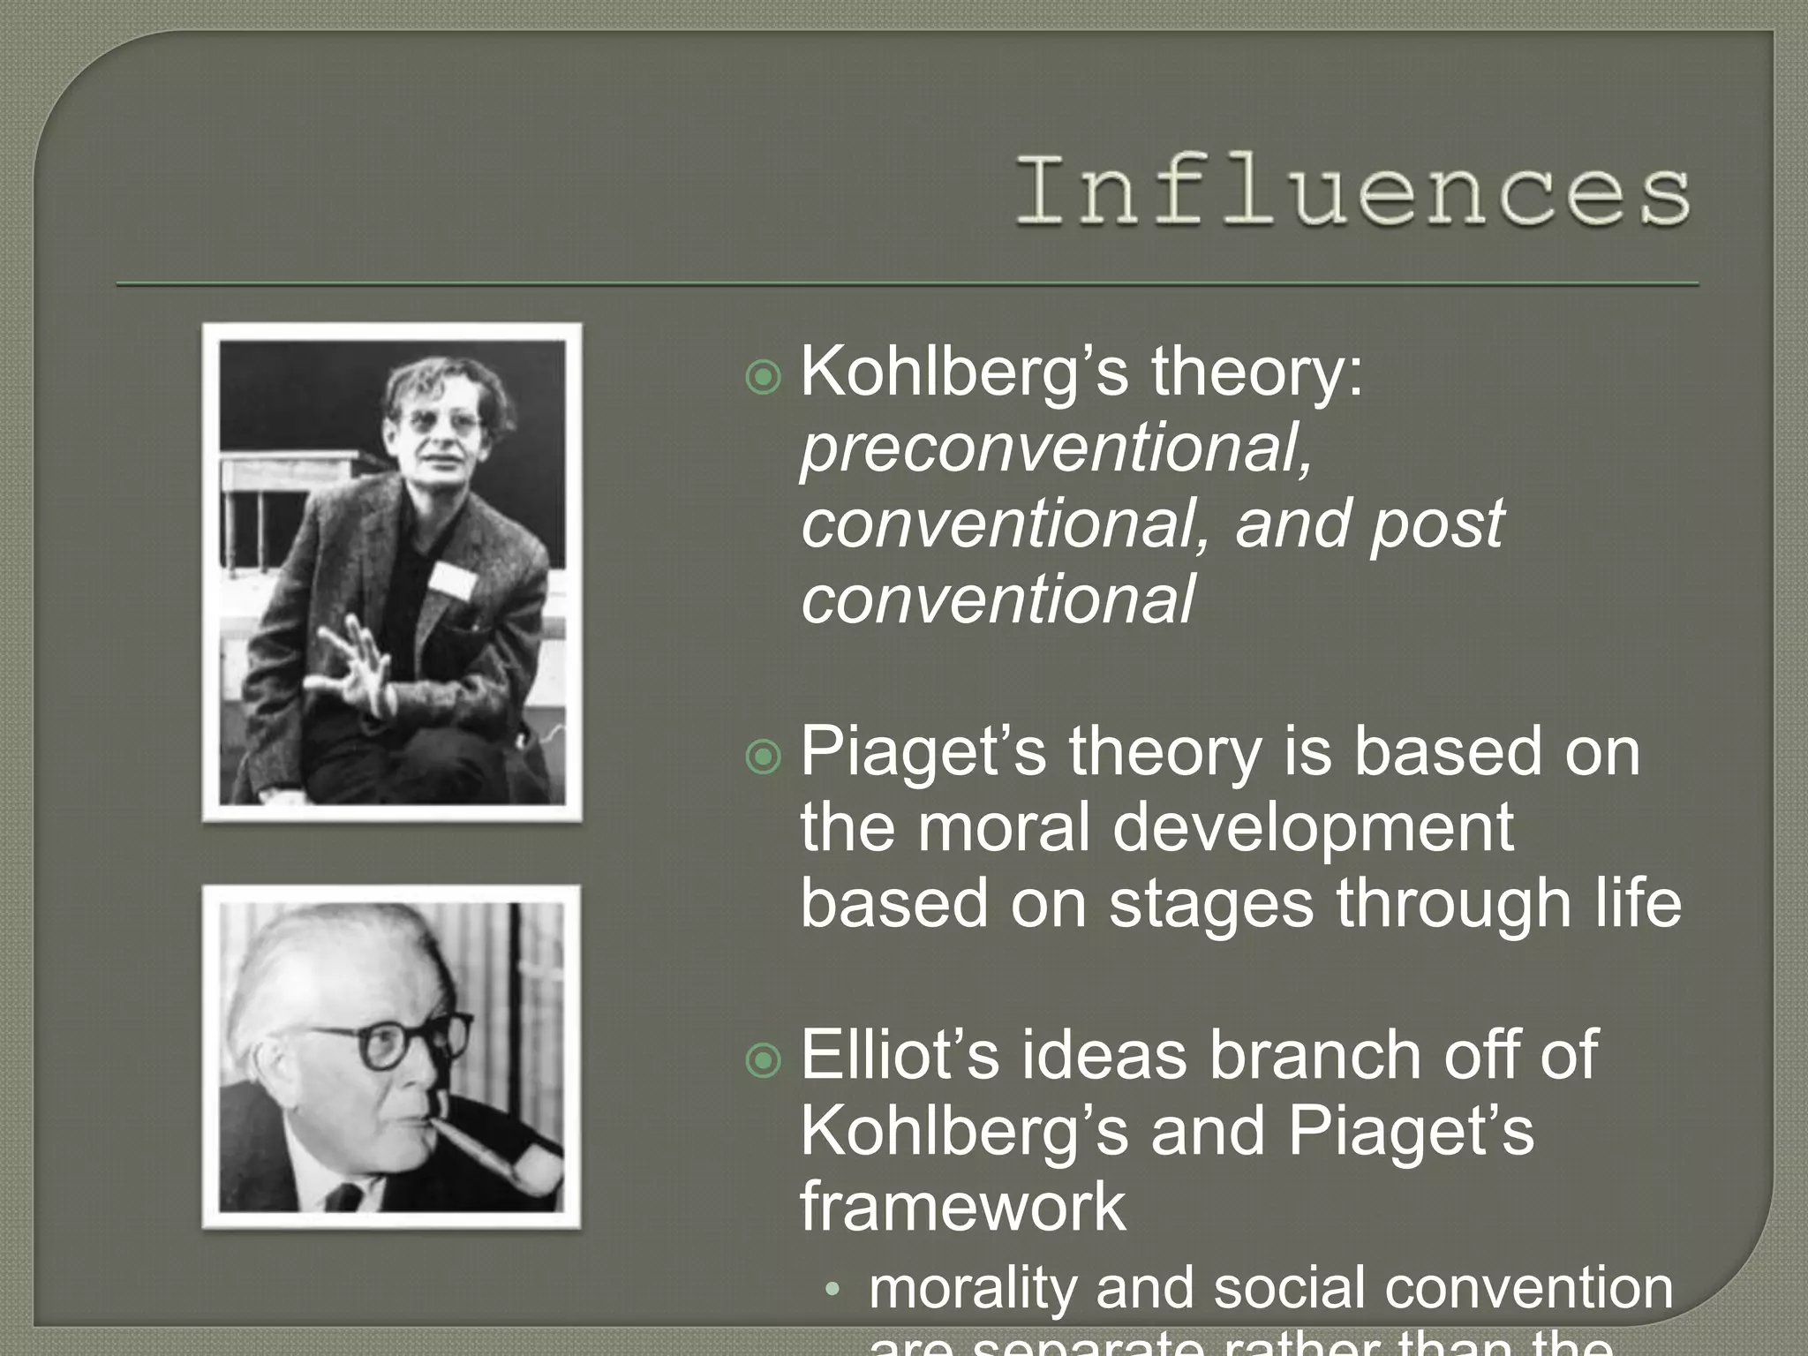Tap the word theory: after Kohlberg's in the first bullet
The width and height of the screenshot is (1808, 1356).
1257,373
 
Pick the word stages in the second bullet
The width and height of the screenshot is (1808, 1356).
1210,905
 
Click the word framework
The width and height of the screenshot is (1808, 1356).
963,1207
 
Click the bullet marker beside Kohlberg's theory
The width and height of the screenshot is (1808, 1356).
764,378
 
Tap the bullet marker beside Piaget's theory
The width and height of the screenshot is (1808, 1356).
764,757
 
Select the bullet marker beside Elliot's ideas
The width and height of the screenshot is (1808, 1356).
764,1060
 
